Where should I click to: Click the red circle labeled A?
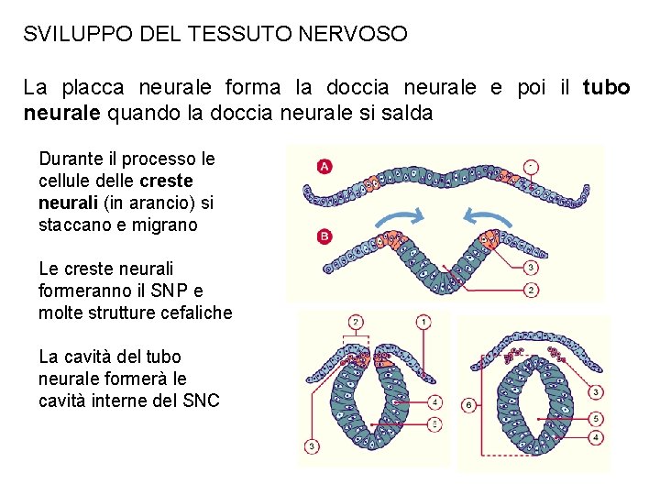(x=324, y=166)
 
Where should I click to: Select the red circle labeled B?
(x=324, y=236)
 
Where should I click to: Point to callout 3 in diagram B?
(x=532, y=268)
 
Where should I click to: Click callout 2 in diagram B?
(x=532, y=290)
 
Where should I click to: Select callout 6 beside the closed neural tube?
(x=468, y=404)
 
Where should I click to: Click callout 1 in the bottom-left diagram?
(x=423, y=322)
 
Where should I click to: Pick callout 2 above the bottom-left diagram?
(x=355, y=322)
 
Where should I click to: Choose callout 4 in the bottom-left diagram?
(x=434, y=401)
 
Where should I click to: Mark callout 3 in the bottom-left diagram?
(x=313, y=446)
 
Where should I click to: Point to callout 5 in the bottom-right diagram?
(x=596, y=418)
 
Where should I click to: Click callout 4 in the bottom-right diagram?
(x=596, y=438)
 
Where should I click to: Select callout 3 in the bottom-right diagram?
(x=596, y=392)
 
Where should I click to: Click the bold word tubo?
(x=607, y=88)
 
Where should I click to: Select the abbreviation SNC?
(x=201, y=401)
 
